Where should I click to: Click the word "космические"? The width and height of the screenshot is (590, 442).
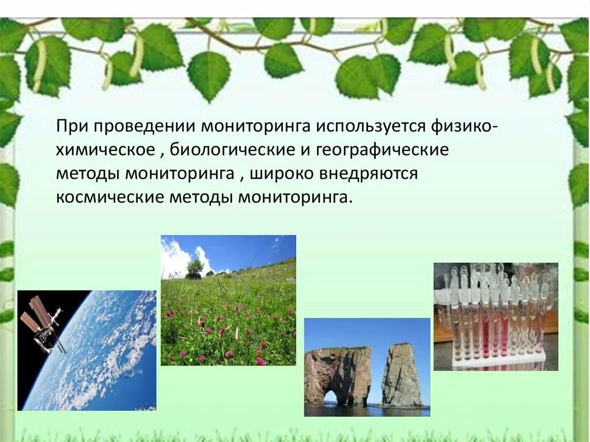[109, 198]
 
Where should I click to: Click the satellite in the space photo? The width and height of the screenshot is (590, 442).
[41, 326]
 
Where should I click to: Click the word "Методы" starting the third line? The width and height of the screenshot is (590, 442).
[87, 174]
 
